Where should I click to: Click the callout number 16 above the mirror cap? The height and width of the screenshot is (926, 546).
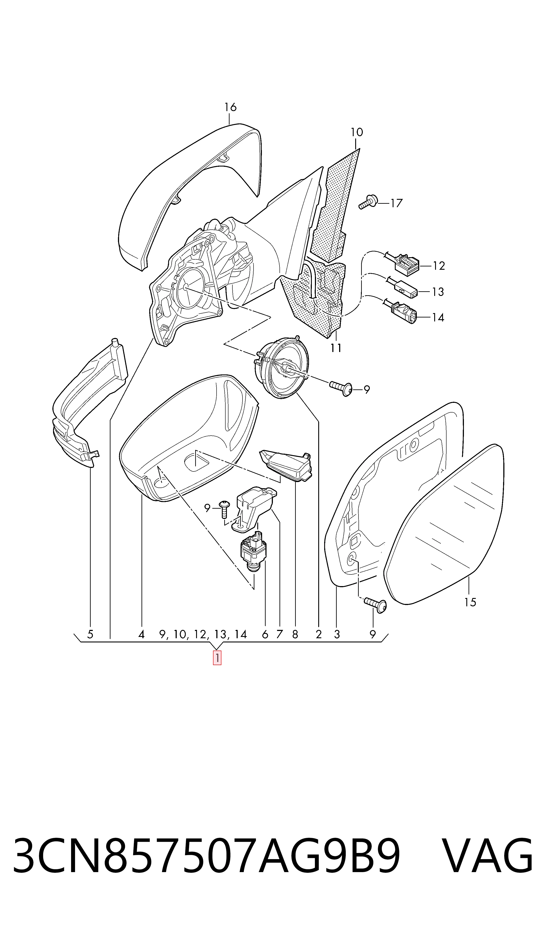[x=230, y=107]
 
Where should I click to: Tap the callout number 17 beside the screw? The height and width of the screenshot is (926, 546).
[x=396, y=203]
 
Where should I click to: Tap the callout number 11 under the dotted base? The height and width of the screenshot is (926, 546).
[x=336, y=348]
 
